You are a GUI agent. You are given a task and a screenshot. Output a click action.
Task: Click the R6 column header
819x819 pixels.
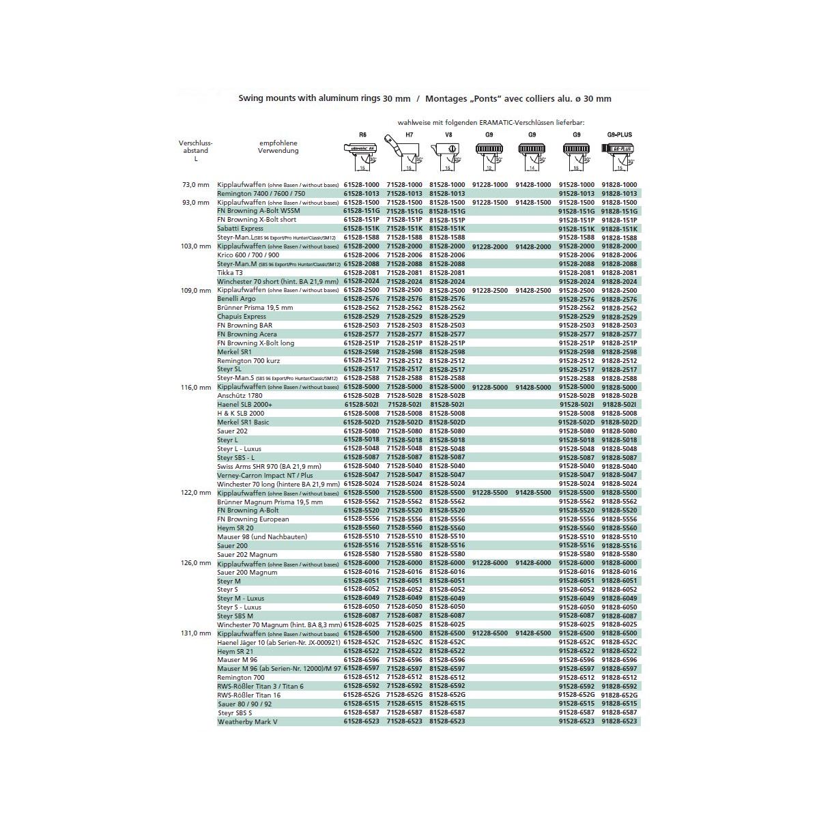pos(362,135)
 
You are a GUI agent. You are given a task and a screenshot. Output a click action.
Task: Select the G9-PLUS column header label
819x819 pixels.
pos(619,135)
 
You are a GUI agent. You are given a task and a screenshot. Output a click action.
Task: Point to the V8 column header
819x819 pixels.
pos(448,135)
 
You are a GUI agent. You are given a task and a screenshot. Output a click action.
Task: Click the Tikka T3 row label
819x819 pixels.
pos(230,273)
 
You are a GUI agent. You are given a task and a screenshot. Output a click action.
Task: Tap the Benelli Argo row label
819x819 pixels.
pos(236,299)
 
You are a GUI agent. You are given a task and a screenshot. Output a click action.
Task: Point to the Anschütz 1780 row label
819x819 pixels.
pos(240,396)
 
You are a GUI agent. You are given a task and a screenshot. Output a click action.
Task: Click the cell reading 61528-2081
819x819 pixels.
pos(361,273)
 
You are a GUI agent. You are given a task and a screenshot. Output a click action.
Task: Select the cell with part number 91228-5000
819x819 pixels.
pos(490,387)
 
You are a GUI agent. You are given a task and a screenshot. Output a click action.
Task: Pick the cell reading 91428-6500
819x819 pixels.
pos(533,633)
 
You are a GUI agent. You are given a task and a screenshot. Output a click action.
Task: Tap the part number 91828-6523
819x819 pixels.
pos(619,721)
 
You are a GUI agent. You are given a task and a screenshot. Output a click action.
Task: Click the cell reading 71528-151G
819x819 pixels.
pos(405,212)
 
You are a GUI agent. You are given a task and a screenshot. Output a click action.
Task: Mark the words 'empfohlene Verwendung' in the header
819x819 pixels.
pos(278,147)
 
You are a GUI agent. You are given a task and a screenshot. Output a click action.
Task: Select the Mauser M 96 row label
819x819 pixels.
pos(238,660)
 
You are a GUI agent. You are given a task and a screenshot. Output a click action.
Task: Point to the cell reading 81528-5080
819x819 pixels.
pos(448,431)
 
